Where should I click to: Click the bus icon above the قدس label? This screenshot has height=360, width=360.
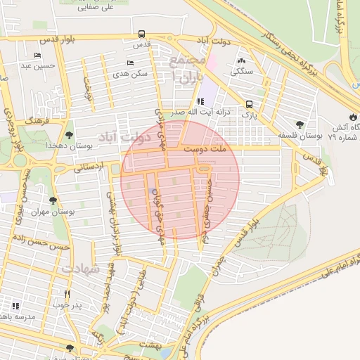142,34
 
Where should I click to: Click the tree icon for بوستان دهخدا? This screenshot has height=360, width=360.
68,134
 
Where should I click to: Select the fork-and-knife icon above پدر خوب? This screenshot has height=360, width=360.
67,294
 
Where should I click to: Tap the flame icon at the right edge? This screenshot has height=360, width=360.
352,117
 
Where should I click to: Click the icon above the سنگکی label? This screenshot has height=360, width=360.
243,60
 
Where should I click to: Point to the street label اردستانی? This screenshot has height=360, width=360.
88,167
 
